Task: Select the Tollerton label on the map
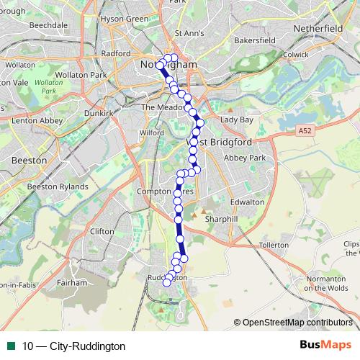[273, 246]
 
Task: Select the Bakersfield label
[256, 41]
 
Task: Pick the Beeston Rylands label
[57, 186]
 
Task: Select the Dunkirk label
[99, 113]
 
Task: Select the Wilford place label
[153, 133]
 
